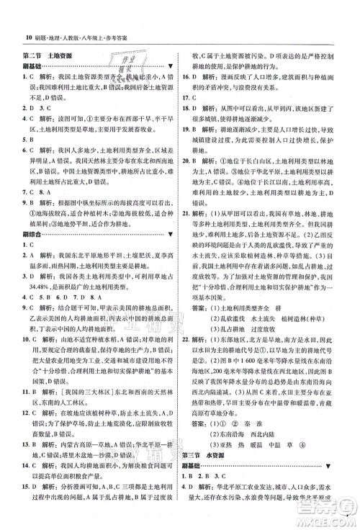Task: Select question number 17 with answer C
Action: pos(192,96)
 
